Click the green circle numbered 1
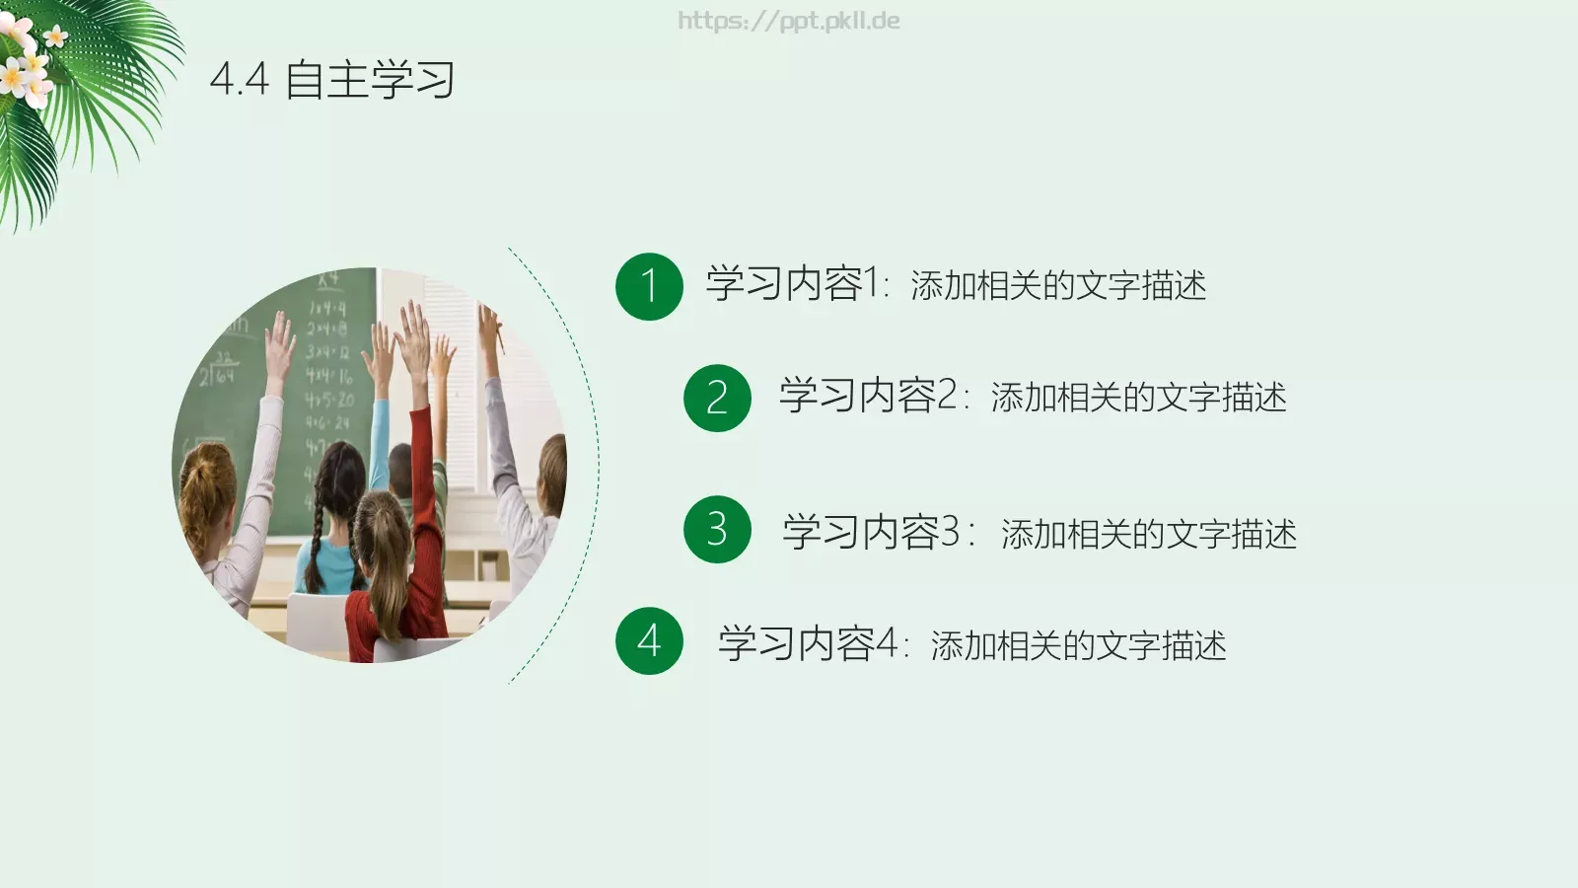point(649,286)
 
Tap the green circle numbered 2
point(717,398)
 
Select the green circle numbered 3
point(717,530)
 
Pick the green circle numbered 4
point(649,641)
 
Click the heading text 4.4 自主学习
point(332,80)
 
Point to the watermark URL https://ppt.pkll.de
point(788,21)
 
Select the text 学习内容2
point(868,397)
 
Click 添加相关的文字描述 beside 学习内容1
point(1058,286)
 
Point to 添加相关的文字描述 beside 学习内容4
point(1078,646)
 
